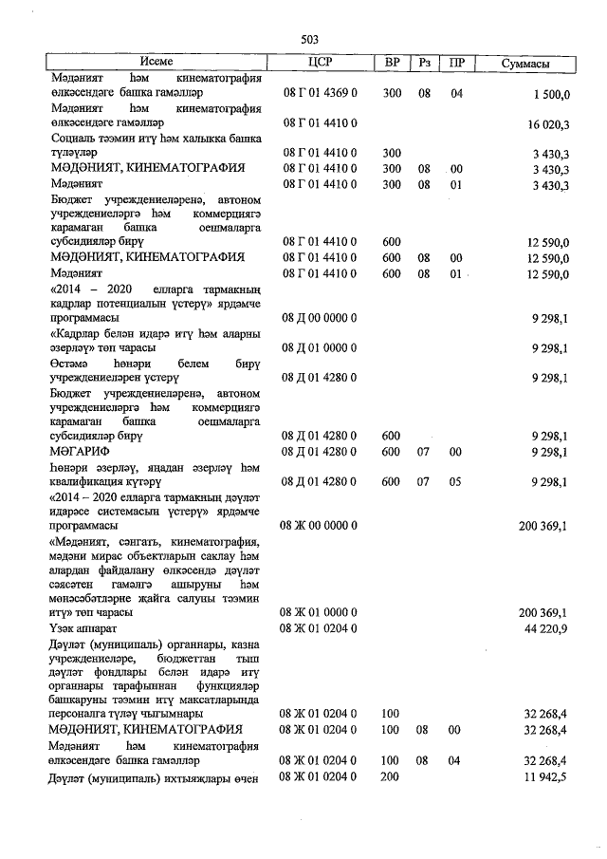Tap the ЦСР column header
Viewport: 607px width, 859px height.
(321, 63)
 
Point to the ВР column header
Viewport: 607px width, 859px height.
(392, 63)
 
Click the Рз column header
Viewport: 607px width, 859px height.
(424, 63)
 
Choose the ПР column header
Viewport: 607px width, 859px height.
(456, 63)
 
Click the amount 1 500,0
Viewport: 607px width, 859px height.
(550, 95)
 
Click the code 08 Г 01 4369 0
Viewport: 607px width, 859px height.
(321, 95)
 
